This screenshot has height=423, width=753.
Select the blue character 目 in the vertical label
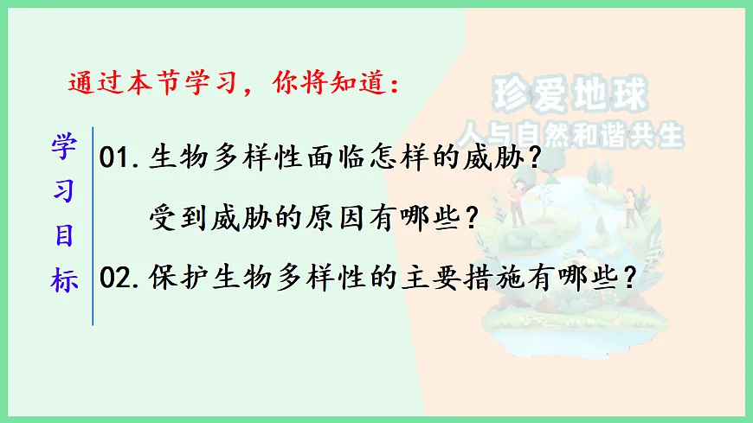point(65,236)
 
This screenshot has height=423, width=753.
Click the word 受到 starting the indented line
point(178,215)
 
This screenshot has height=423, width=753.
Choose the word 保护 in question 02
point(178,278)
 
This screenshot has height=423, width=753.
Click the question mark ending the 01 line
point(538,158)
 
